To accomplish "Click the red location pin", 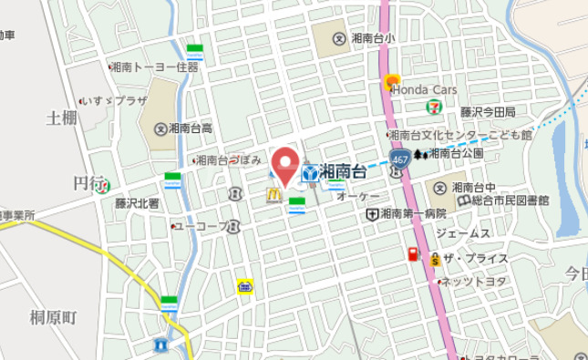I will pos(286,165).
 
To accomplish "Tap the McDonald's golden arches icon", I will pos(272,193).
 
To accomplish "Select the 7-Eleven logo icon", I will pos(433,107).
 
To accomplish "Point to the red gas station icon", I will pos(413,255).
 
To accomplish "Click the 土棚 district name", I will pos(62,118).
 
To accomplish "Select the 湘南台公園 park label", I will pos(455,153).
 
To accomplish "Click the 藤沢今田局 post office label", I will pos(488,112).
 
